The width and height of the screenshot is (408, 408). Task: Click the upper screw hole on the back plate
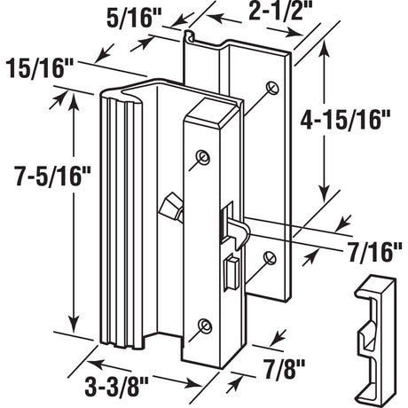pos(271,87)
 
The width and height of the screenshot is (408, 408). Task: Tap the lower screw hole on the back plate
pos(271,259)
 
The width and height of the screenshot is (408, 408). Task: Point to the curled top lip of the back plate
pos(188,37)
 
